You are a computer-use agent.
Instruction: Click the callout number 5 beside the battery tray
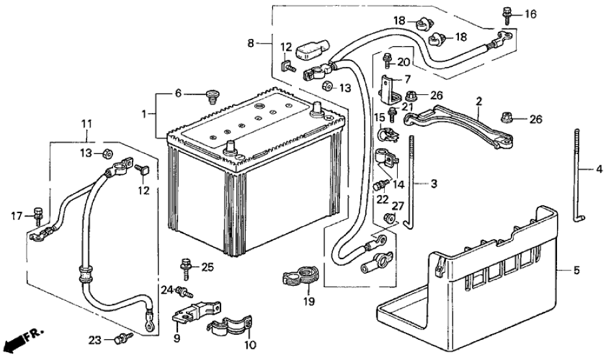(577, 269)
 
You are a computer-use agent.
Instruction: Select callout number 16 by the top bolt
(531, 14)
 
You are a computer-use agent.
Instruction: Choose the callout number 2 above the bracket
(479, 101)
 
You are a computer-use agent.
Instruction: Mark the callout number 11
(86, 123)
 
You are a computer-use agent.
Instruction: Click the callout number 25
(207, 266)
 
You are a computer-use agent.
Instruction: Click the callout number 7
(408, 79)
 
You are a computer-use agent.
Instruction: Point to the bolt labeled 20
(388, 59)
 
